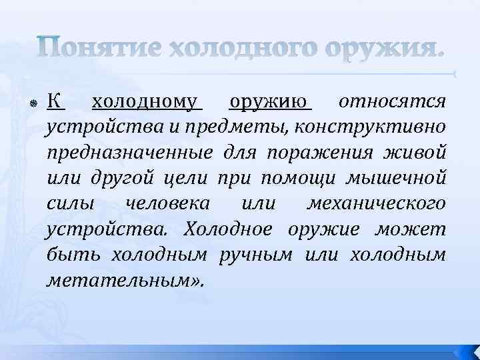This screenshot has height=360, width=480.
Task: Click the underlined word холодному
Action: pyautogui.click(x=146, y=103)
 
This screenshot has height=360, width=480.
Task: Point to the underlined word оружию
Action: pyautogui.click(x=270, y=103)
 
